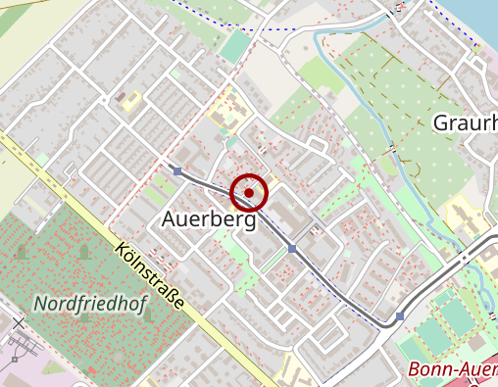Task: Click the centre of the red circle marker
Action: coord(250,193)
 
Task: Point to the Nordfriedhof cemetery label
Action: coord(90,305)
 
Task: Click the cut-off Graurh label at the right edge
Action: coord(465,123)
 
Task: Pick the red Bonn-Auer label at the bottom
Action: coord(451,370)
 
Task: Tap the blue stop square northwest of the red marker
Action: coord(177,171)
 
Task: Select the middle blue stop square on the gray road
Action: coord(292,249)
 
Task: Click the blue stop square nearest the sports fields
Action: coord(400,316)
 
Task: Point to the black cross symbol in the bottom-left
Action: coord(17,324)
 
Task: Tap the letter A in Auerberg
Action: coord(167,221)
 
